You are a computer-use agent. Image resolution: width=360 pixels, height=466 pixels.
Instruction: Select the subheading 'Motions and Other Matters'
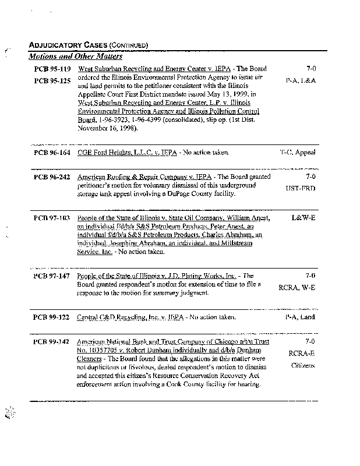click(x=75, y=57)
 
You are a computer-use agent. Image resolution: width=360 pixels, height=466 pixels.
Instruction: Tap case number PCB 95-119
click(x=52, y=69)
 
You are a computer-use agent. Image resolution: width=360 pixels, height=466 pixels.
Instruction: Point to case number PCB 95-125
click(x=52, y=80)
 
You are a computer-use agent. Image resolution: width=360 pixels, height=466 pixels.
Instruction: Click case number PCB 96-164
click(x=52, y=153)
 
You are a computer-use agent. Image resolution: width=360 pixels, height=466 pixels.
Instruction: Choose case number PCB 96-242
click(x=52, y=176)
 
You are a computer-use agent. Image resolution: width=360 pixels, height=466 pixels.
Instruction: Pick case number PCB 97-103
click(x=52, y=218)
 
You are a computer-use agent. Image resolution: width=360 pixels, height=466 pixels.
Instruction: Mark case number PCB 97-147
click(x=52, y=276)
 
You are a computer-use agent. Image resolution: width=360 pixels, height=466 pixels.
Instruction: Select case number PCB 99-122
click(x=52, y=317)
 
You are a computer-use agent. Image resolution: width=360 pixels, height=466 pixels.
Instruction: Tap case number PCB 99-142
click(x=52, y=341)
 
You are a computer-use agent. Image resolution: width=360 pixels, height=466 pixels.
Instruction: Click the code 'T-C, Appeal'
click(x=298, y=153)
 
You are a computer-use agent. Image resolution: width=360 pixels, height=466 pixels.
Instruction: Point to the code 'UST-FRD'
click(x=301, y=189)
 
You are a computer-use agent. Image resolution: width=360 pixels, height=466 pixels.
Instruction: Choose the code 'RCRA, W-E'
click(x=297, y=288)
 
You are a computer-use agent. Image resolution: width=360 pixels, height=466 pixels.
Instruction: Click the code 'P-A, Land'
click(x=300, y=317)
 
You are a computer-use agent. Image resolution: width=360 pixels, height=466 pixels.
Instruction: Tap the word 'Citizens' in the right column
click(x=303, y=365)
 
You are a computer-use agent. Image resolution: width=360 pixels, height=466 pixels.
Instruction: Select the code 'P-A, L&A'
click(x=301, y=81)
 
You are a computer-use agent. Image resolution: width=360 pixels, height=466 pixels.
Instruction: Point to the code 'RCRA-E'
click(x=302, y=353)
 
